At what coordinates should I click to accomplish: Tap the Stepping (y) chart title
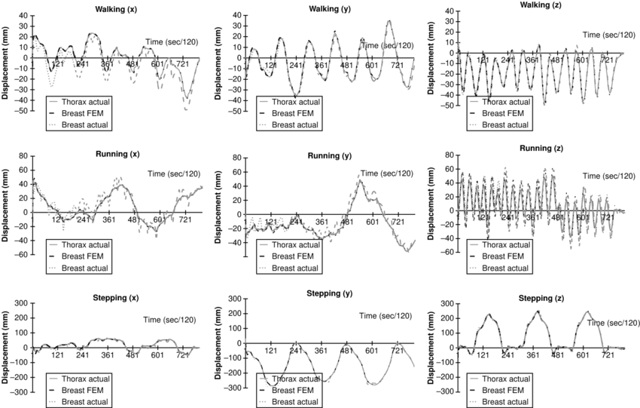pyautogui.click(x=331, y=293)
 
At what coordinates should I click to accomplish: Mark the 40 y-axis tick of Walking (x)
pyautogui.click(x=21, y=15)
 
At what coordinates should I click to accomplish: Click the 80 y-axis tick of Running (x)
pyautogui.click(x=21, y=156)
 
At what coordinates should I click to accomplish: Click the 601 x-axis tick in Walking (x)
pyautogui.click(x=157, y=64)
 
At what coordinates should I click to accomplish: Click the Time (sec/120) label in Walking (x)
pyautogui.click(x=171, y=41)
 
